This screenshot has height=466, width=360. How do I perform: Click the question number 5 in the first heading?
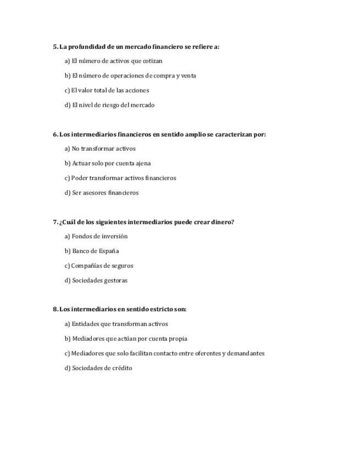pos(55,47)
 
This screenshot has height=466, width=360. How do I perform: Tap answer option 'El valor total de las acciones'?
pos(107,90)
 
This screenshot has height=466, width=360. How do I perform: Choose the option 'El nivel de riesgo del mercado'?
pos(109,105)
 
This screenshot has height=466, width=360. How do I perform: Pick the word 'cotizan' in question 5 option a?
pos(153,61)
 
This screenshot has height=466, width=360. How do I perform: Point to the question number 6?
pos(55,134)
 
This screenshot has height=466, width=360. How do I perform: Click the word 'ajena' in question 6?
pos(143,163)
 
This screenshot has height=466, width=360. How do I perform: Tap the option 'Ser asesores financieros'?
pos(102,192)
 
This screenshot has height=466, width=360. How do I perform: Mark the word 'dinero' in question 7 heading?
pos(223,221)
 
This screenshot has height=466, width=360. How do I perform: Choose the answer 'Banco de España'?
pos(92,251)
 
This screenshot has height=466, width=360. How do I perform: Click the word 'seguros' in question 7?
pos(123,265)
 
